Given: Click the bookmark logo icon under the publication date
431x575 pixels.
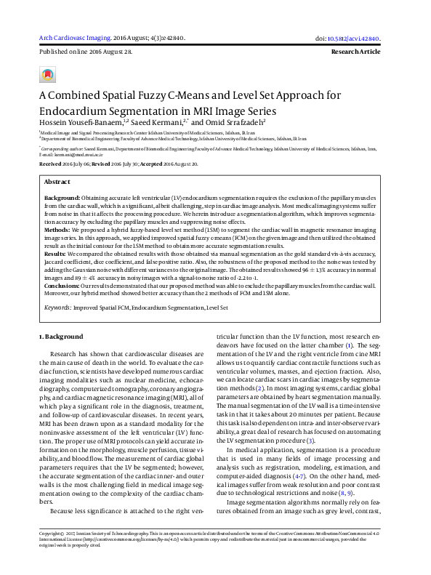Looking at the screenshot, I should click(x=48, y=75).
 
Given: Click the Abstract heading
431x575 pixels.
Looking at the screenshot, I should click(x=57, y=182).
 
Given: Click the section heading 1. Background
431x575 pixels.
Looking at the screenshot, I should click(x=61, y=337).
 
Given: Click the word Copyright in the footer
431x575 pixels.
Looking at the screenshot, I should click(x=51, y=553).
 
